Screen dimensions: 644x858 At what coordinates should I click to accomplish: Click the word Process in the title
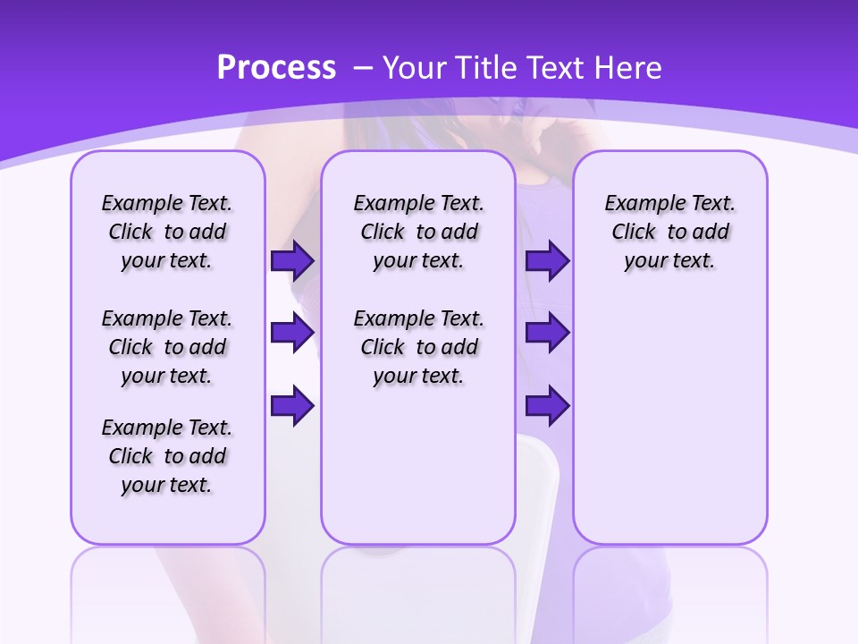coord(276,68)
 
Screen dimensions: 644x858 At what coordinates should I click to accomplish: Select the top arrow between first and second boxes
coord(292,261)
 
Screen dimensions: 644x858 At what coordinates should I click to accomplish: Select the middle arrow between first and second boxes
coord(292,334)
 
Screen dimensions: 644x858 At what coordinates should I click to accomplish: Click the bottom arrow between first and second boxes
coord(292,406)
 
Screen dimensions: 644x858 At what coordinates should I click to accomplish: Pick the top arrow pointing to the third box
coord(547,261)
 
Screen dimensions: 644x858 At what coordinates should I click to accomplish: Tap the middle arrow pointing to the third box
coord(547,334)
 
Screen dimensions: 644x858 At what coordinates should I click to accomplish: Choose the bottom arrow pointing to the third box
coord(547,406)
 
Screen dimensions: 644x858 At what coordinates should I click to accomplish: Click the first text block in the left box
coord(167,232)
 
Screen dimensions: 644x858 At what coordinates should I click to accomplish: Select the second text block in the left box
coord(167,347)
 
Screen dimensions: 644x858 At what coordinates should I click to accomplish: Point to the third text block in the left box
coord(167,456)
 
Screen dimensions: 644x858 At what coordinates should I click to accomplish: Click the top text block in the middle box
coord(418,232)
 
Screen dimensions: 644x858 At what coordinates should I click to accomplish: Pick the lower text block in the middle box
coord(418,347)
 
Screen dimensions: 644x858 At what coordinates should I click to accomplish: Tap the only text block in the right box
coord(669,232)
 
